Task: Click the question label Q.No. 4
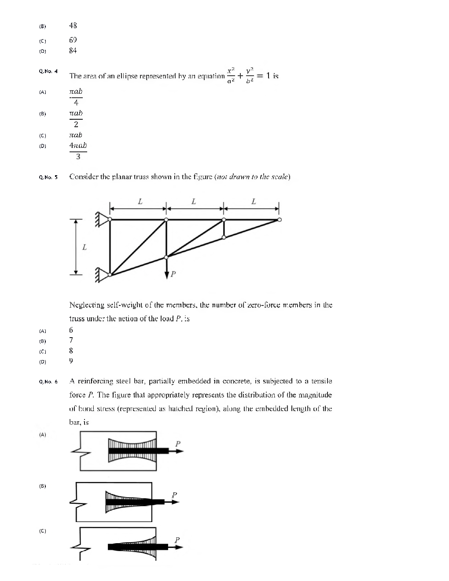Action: tap(48, 71)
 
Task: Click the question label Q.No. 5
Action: tap(48, 177)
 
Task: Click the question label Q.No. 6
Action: tap(48, 382)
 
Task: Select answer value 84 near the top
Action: tap(73, 51)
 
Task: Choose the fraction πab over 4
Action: tap(76, 97)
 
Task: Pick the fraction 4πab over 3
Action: tap(78, 151)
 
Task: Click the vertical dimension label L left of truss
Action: tap(85, 247)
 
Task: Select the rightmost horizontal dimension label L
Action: tap(253, 202)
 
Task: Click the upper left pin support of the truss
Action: tap(102, 219)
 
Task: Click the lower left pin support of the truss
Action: tap(102, 275)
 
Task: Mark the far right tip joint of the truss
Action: tap(280, 219)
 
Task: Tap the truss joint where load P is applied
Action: tap(166, 257)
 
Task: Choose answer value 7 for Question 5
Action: tap(71, 340)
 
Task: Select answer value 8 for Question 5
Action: tap(71, 351)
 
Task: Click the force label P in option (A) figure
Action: tap(178, 444)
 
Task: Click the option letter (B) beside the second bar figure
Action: tap(43, 486)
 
